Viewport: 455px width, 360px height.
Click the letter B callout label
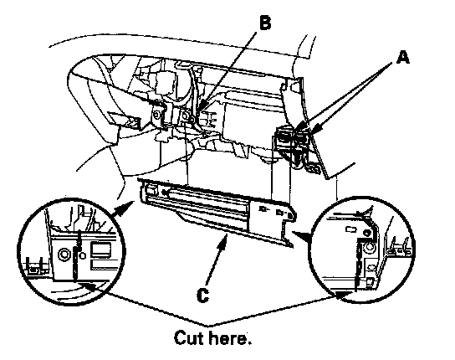(264, 23)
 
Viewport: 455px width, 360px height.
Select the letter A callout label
(403, 57)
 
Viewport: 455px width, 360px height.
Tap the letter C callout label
(202, 296)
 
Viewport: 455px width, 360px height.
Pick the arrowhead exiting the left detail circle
(123, 208)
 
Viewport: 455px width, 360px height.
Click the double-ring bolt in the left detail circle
(64, 255)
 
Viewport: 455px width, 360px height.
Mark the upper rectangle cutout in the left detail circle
(100, 249)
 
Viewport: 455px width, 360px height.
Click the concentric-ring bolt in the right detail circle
(370, 247)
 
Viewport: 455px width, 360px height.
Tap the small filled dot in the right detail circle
(366, 233)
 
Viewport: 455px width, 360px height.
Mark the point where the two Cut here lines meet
(208, 325)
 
